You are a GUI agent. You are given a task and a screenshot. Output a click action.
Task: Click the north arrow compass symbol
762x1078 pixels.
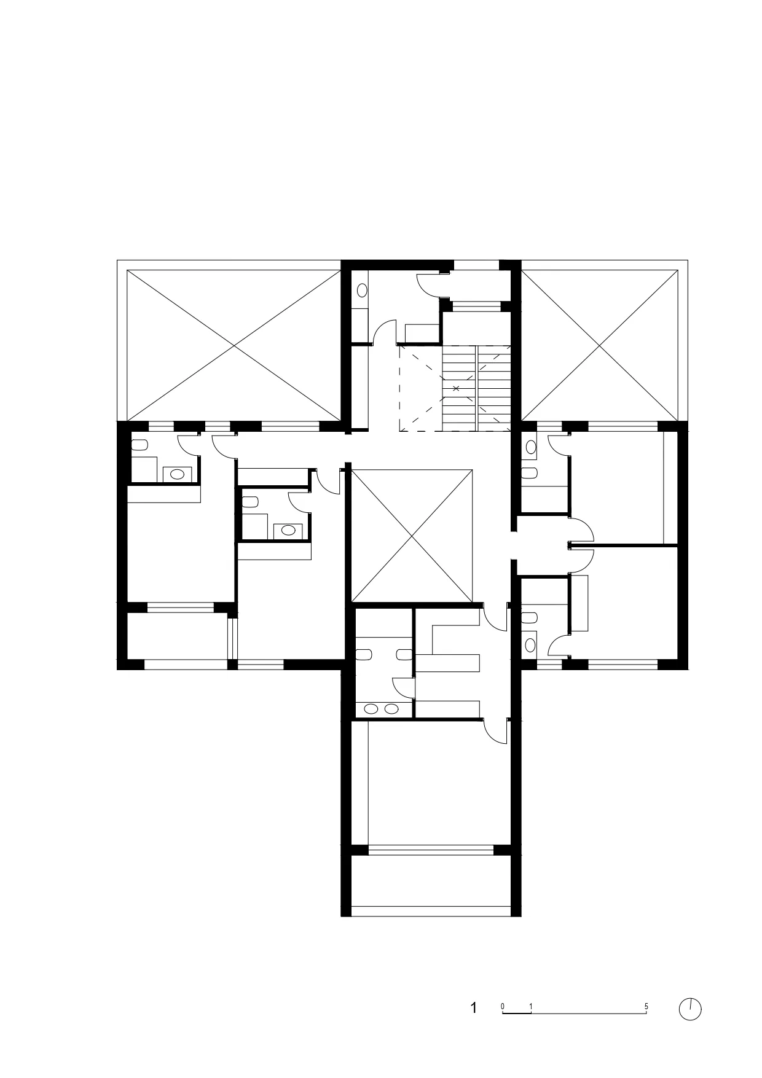click(x=690, y=1009)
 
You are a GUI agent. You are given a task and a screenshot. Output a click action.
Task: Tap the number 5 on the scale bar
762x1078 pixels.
click(x=646, y=1007)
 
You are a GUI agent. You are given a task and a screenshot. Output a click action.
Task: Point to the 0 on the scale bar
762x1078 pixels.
click(x=503, y=1007)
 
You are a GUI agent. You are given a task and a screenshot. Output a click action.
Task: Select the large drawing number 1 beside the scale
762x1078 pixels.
click(x=474, y=1008)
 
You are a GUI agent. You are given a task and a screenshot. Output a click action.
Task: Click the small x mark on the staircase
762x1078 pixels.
click(x=456, y=388)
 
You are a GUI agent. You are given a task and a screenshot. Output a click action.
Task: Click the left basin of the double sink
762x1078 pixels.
click(x=372, y=709)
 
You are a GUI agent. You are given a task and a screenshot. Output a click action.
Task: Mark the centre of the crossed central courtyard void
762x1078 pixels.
click(x=412, y=536)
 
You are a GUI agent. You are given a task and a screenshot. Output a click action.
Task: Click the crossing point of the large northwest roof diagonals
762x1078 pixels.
click(x=234, y=345)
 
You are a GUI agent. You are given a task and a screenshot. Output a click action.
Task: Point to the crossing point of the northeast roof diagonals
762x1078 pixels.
click(x=600, y=345)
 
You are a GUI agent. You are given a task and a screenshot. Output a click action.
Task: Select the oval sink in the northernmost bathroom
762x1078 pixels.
click(x=362, y=289)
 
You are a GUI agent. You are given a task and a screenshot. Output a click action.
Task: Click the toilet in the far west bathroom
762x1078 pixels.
click(x=139, y=445)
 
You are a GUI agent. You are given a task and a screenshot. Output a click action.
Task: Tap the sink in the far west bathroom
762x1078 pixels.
click(x=178, y=474)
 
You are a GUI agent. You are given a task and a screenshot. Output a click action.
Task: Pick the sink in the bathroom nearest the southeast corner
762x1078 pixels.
click(x=530, y=644)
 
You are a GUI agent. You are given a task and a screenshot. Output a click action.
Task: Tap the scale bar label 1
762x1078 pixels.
click(x=531, y=1007)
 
